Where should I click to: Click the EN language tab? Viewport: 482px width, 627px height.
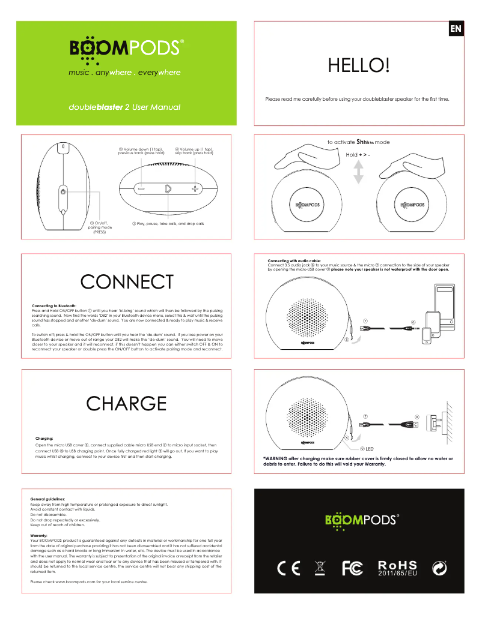point(456,28)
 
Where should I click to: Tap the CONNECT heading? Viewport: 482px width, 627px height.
point(126,281)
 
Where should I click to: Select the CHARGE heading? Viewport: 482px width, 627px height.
point(126,403)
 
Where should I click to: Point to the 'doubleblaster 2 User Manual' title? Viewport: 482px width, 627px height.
point(124,107)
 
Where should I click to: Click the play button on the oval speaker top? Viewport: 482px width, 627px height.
point(168,188)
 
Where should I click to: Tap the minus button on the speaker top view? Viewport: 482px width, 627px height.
point(141,188)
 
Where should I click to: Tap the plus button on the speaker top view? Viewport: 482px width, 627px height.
point(195,188)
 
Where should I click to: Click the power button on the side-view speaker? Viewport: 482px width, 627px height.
point(63,192)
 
